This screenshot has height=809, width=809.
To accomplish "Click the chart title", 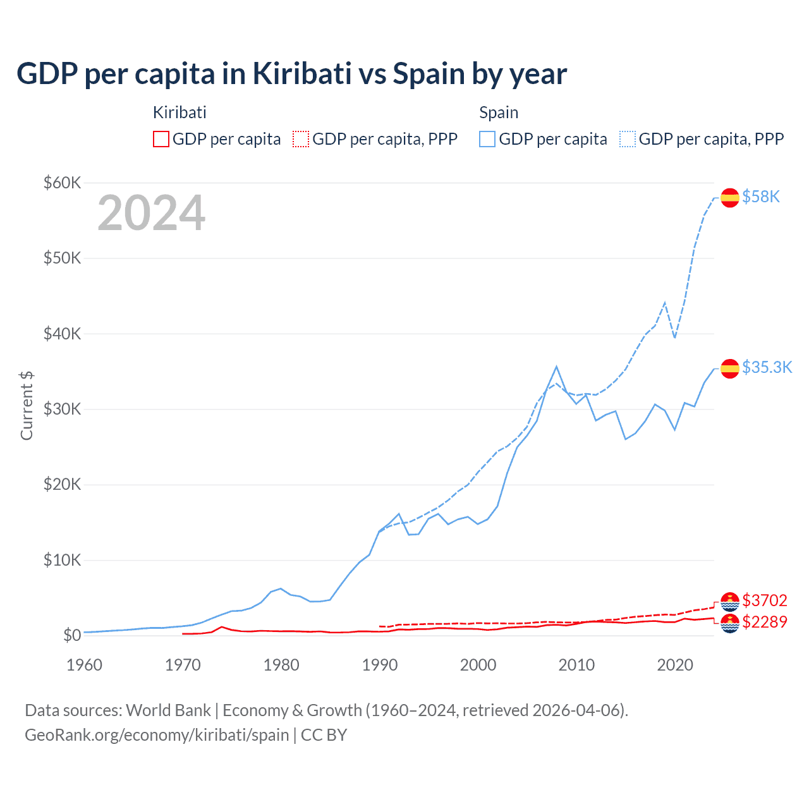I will pyautogui.click(x=291, y=74).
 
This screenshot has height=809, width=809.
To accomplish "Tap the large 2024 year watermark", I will pyautogui.click(x=152, y=214).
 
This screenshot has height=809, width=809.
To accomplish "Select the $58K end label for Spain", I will pyautogui.click(x=761, y=197).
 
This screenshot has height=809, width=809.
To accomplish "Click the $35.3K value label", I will pyautogui.click(x=767, y=367).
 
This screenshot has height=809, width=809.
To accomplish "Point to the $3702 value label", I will pyautogui.click(x=765, y=600).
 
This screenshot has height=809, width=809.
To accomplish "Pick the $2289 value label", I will pyautogui.click(x=765, y=622).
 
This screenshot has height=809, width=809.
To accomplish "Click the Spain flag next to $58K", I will pyautogui.click(x=730, y=198).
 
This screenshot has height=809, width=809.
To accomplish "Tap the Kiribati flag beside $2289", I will pyautogui.click(x=730, y=623).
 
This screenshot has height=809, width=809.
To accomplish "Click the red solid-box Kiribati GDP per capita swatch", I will pyautogui.click(x=161, y=139).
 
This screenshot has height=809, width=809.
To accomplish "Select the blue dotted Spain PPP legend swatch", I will pyautogui.click(x=628, y=139).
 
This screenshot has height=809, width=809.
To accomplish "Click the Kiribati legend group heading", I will pyautogui.click(x=179, y=113).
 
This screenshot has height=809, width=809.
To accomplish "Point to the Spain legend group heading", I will pyautogui.click(x=499, y=113).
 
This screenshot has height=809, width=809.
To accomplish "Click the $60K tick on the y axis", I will pyautogui.click(x=62, y=183).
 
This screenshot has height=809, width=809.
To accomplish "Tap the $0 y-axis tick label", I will pyautogui.click(x=72, y=635).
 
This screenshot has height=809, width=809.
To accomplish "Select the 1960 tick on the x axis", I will pyautogui.click(x=84, y=665).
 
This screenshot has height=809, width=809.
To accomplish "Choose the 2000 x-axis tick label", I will pyautogui.click(x=478, y=665).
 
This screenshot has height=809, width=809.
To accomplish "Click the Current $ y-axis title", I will pyautogui.click(x=27, y=405).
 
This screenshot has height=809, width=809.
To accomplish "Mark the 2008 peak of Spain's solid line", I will pyautogui.click(x=556, y=367).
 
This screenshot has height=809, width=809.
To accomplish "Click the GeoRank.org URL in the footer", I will pyautogui.click(x=157, y=735).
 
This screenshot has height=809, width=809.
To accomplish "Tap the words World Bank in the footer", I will pyautogui.click(x=168, y=710).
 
